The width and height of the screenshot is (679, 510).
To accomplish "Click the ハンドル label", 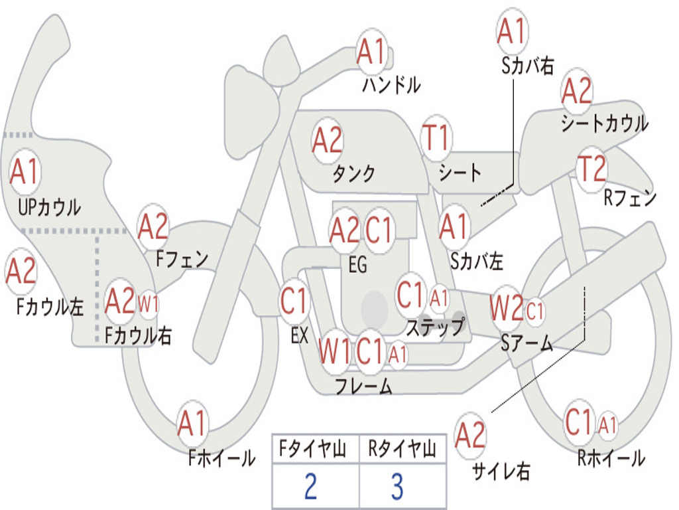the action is click(391, 85).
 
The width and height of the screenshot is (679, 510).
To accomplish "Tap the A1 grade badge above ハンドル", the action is click(371, 52).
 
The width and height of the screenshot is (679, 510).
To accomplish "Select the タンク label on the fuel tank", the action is click(353, 173).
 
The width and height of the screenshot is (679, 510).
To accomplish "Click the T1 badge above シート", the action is click(436, 138).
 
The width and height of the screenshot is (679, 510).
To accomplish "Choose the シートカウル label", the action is click(604, 124).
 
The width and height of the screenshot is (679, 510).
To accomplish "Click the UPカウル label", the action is click(49, 207).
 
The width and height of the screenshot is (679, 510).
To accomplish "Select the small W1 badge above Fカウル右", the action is click(148, 305).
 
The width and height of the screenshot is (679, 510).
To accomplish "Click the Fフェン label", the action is click(182, 258).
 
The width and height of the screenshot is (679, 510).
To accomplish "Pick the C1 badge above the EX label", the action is click(294, 301).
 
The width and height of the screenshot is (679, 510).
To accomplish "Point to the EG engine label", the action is click(357, 264).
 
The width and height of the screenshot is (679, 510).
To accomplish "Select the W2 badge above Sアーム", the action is click(506, 308).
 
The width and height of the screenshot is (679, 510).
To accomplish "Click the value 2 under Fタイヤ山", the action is click(310, 486).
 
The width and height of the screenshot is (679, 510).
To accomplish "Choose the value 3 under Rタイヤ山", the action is click(397, 486).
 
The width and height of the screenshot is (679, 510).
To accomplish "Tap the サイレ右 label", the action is click(501, 471).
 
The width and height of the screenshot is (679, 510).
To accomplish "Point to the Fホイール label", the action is click(221, 458).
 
